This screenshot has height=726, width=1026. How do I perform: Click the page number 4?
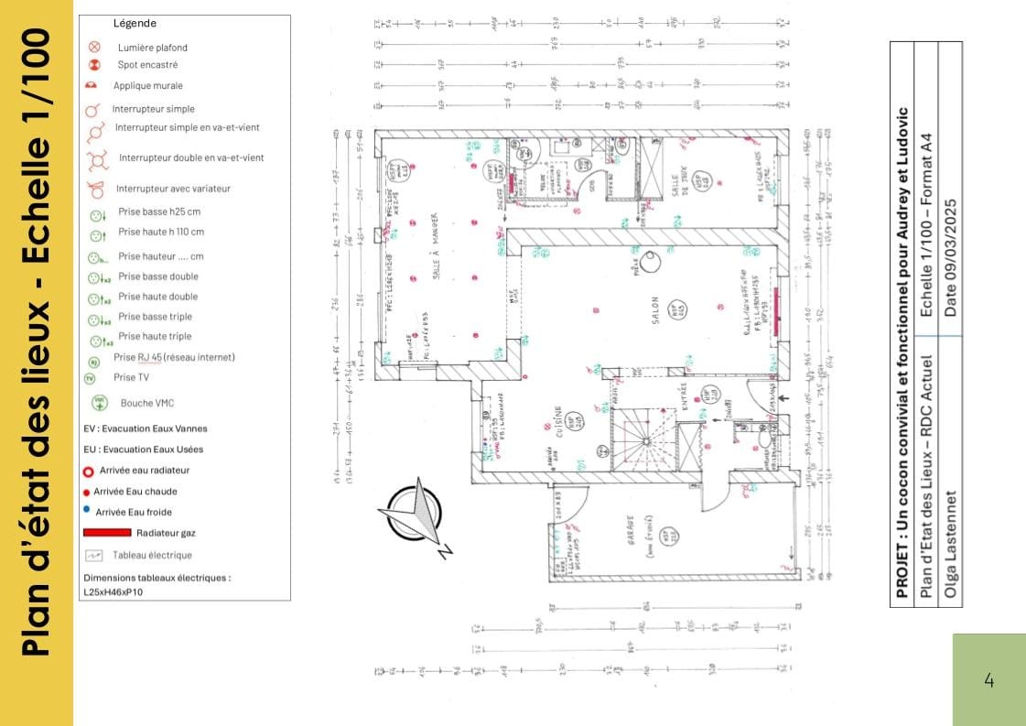pos(988,680)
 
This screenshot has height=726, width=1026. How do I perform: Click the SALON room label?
pos(655,313)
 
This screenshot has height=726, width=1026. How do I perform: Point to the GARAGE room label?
pos(631,539)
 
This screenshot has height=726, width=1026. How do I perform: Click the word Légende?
pos(135,23)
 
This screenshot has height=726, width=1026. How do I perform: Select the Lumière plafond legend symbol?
pos(94,47)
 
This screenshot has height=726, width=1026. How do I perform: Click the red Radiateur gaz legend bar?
pos(106,532)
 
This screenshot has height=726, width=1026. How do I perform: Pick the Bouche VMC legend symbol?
pos(99,402)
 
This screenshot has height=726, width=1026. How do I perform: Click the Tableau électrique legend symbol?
pos(93,556)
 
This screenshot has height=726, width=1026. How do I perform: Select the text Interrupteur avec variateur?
pos(173,189)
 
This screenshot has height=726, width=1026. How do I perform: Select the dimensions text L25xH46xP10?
pos(113,592)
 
